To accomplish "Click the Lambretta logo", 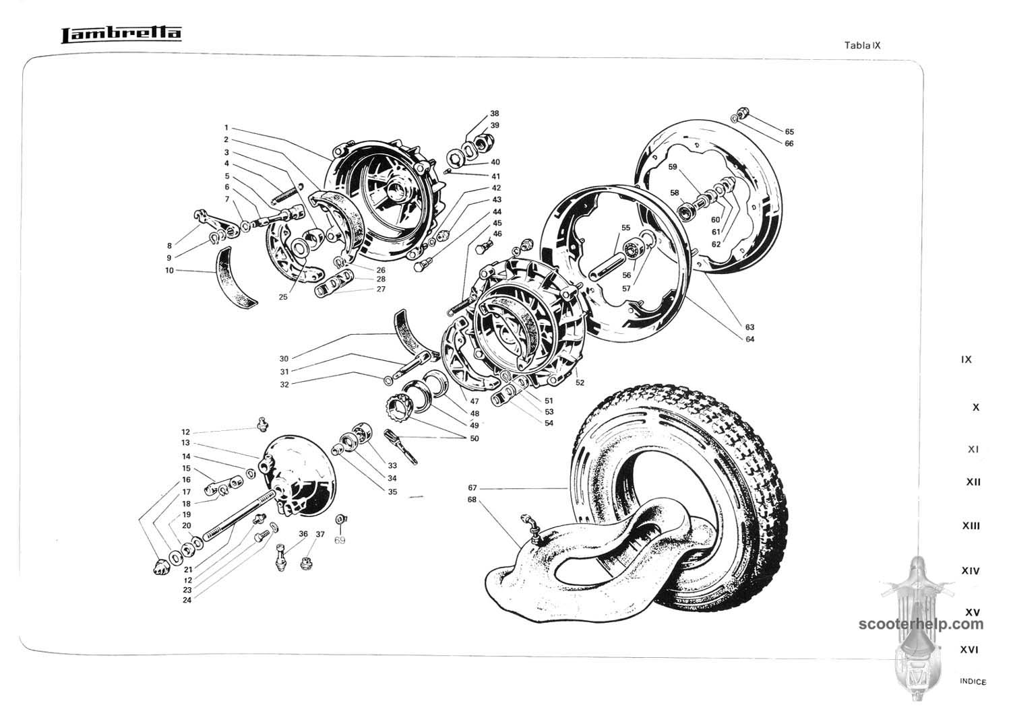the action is click(121, 35).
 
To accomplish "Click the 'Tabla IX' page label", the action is click(863, 46).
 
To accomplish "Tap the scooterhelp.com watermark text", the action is click(921, 624).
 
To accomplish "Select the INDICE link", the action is click(973, 681).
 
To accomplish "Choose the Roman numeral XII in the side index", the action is click(973, 482).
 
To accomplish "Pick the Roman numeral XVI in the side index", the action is click(969, 650).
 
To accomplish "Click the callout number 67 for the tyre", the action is click(472, 487).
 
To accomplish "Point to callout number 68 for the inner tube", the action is click(472, 500).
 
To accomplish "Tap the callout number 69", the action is click(340, 540).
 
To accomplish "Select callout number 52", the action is click(580, 382).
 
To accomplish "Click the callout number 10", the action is click(169, 271).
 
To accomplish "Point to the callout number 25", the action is click(283, 297).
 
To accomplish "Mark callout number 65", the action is click(789, 132).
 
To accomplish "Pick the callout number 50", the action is click(474, 438).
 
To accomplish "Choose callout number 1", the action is click(226, 128).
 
